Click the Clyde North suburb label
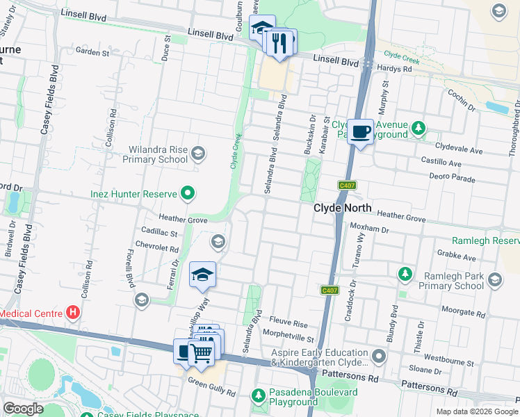pos(343,208)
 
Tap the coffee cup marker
pos(360,131)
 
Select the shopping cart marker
pos(201,353)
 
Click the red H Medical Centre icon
pos(71,313)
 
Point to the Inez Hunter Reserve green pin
pos(187,193)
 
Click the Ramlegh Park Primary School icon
pos(495,280)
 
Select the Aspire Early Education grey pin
pos(379,357)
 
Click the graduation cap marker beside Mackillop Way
pos(202,275)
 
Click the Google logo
pos(23,409)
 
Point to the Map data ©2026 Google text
pos(477,411)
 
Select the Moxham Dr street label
pos(369,228)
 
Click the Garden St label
pos(93,52)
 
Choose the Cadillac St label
pos(160,234)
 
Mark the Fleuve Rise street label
pos(289,324)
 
